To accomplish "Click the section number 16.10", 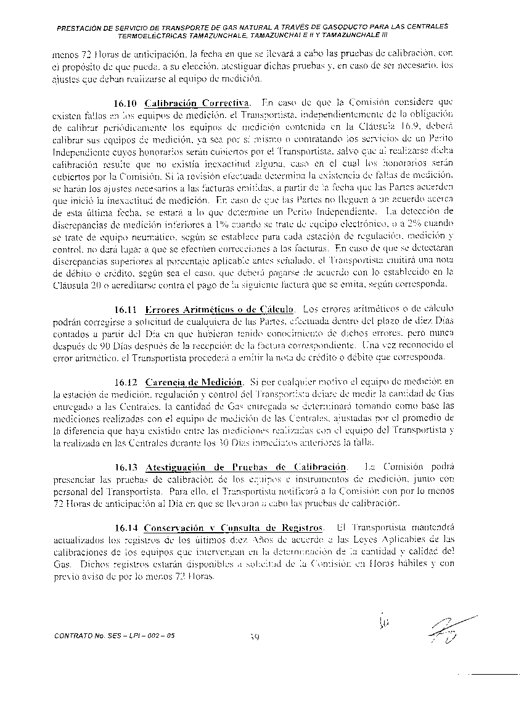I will coord(126,102).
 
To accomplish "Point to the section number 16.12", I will coord(126,383).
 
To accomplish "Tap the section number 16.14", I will coord(126,528).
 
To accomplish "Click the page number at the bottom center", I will coord(255,637).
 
